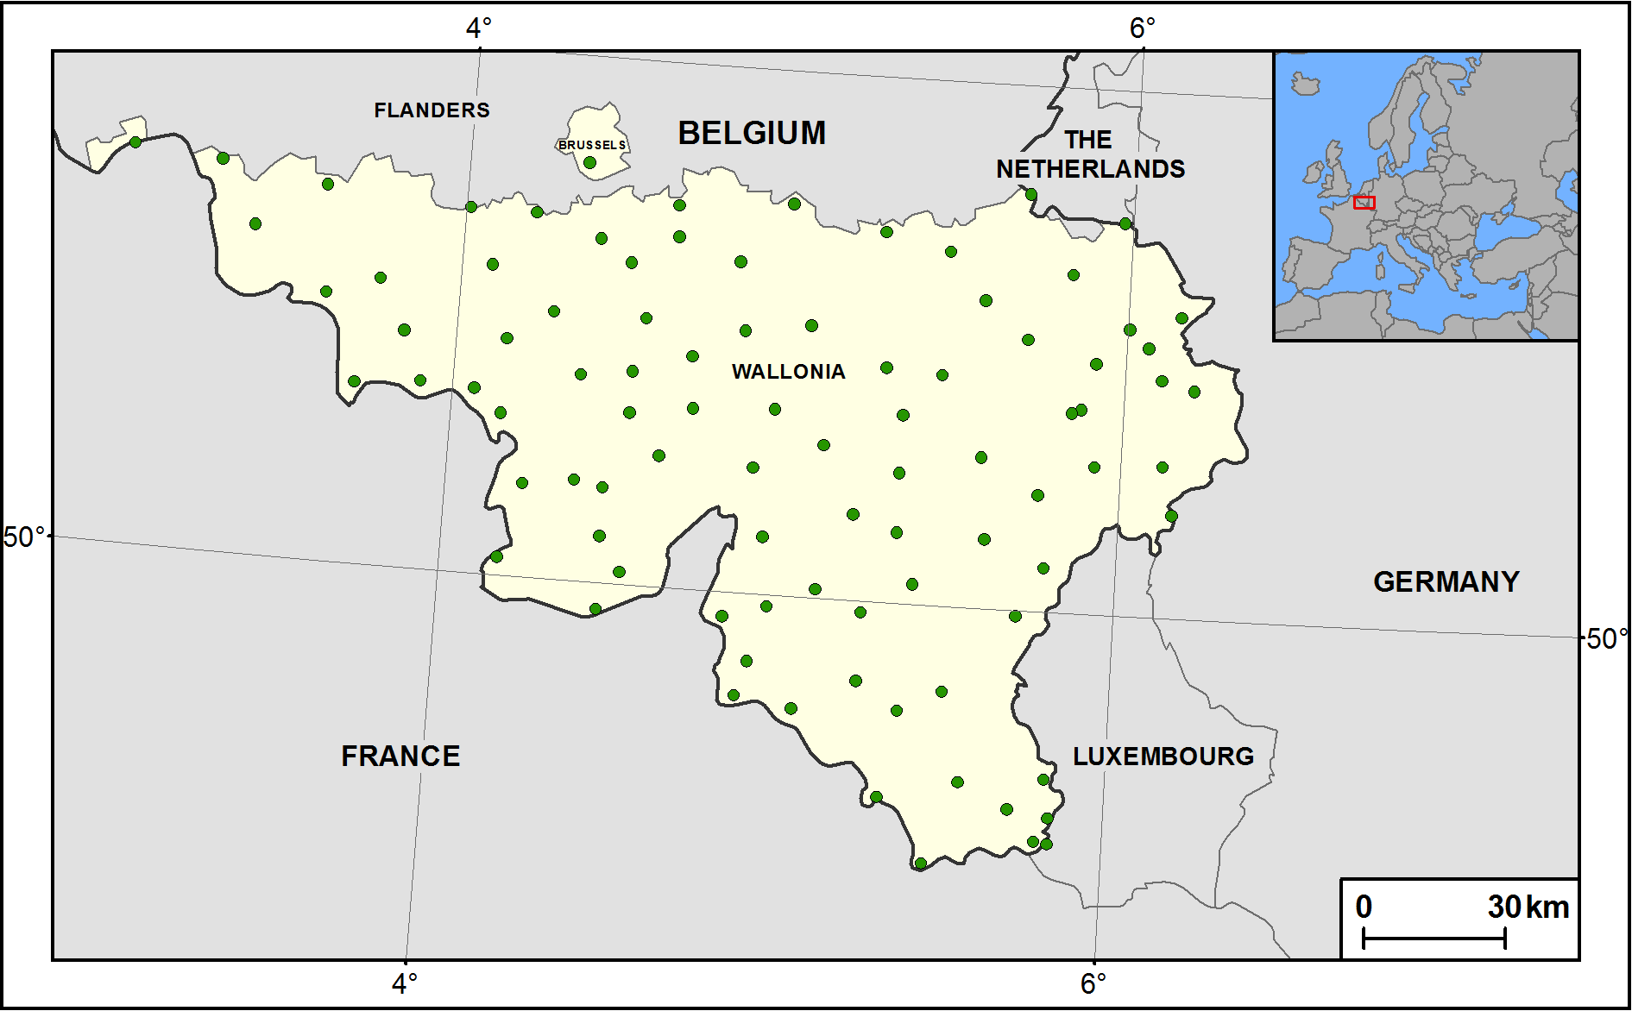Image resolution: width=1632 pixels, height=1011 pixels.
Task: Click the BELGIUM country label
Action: tap(752, 133)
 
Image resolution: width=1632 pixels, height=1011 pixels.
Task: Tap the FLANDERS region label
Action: tap(432, 110)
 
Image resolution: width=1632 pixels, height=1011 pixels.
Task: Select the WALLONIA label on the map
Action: tap(788, 372)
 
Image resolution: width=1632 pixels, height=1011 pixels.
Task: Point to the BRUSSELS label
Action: tap(592, 145)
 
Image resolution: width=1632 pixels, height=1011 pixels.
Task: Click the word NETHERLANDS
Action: tap(1091, 169)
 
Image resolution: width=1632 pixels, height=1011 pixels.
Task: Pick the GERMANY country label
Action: tap(1446, 582)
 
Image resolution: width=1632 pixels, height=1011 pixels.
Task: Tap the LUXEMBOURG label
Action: tap(1163, 757)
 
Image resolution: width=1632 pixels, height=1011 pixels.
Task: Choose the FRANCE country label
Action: tap(400, 757)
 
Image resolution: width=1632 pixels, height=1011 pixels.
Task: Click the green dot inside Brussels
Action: tap(589, 162)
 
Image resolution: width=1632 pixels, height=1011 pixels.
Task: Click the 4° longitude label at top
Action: tap(478, 28)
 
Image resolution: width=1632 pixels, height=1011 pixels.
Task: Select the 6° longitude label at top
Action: tap(1142, 28)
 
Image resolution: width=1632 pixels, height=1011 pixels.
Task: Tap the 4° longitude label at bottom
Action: tap(404, 983)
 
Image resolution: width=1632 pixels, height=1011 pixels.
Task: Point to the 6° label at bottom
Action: tap(1093, 983)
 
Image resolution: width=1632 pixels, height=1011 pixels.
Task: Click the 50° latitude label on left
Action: tap(24, 537)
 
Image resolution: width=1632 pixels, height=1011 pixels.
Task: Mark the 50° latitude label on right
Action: tap(1606, 639)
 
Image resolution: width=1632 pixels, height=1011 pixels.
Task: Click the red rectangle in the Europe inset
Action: tap(1364, 203)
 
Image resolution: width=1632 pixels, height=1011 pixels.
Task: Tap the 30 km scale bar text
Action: tap(1528, 907)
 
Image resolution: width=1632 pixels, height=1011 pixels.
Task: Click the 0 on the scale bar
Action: tap(1364, 907)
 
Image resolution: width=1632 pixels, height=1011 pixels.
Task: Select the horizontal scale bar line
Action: tap(1434, 938)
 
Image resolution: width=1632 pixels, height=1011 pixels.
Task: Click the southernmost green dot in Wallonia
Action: tap(920, 863)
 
